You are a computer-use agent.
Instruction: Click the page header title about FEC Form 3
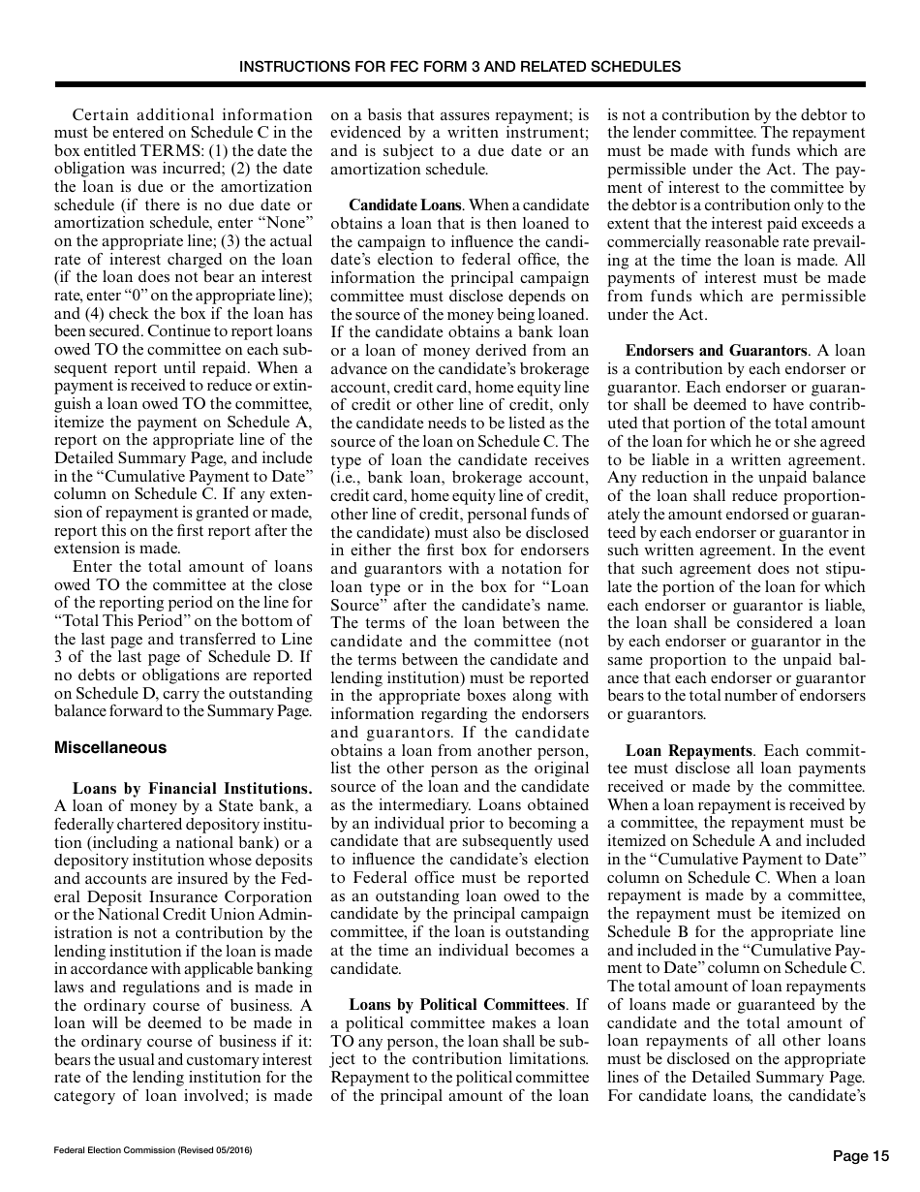pyautogui.click(x=459, y=67)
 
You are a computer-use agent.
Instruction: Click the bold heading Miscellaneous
pyautogui.click(x=109, y=747)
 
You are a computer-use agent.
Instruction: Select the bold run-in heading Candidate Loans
pyautogui.click(x=391, y=205)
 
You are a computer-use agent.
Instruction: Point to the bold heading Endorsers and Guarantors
pyautogui.click(x=716, y=351)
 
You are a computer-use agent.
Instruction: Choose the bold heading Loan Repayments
pyautogui.click(x=689, y=750)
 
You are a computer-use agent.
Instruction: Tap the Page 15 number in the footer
pyautogui.click(x=860, y=1155)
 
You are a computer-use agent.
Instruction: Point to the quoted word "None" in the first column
pyautogui.click(x=287, y=224)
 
